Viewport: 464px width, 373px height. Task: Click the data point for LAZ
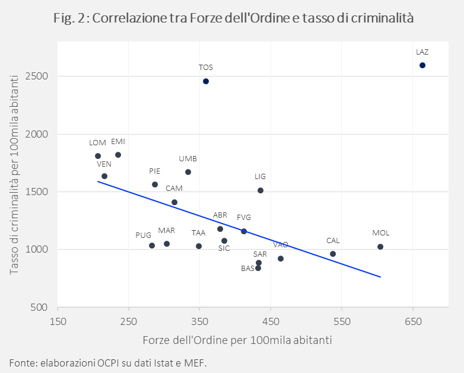point(422,65)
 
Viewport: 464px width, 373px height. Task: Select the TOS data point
point(206,81)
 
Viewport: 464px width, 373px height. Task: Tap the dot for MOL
point(380,247)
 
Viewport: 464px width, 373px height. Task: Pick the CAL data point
point(333,254)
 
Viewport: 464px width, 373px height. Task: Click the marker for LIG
point(260,190)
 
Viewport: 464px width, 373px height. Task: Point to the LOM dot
point(98,156)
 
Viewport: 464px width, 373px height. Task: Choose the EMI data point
point(118,155)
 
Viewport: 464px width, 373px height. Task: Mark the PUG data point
point(152,246)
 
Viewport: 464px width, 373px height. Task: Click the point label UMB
point(188,159)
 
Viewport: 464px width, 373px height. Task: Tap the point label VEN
point(104,164)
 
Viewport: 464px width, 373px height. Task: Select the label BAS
point(247,269)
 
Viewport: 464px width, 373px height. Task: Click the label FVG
point(244,218)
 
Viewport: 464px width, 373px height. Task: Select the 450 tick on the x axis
point(271,321)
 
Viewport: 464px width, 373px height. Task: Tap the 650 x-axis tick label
point(413,321)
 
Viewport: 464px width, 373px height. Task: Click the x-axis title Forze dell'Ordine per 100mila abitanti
point(237,340)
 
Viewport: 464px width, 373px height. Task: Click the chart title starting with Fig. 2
point(233,18)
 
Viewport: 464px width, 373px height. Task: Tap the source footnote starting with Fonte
point(108,362)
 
